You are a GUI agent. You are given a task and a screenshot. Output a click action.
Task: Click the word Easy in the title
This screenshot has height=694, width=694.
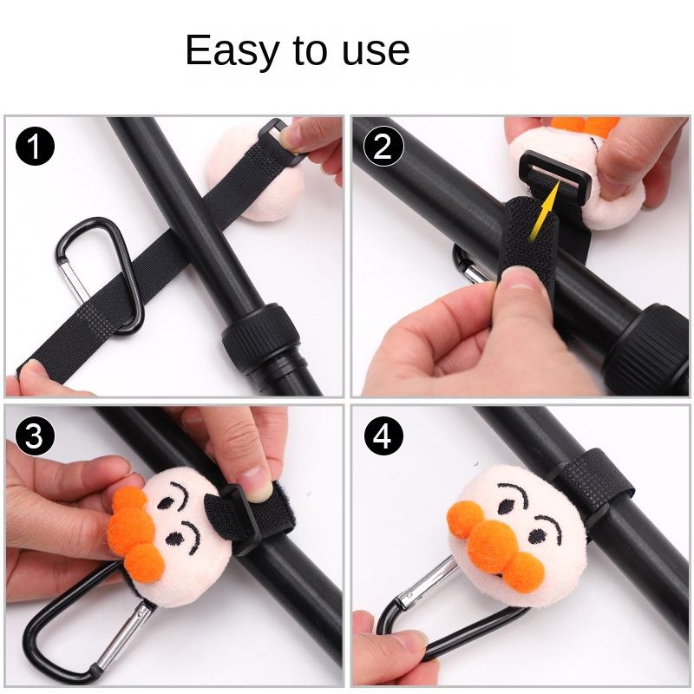click(232, 51)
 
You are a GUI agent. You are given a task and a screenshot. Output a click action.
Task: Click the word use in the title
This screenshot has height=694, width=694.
click(376, 51)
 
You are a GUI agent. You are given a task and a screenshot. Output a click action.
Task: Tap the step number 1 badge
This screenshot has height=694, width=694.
click(35, 146)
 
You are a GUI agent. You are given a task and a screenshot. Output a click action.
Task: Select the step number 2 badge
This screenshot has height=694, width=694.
click(383, 146)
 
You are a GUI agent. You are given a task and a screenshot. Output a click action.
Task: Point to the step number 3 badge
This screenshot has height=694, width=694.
click(35, 436)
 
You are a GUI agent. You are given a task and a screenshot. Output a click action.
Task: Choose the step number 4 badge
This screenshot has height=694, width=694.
click(383, 436)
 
